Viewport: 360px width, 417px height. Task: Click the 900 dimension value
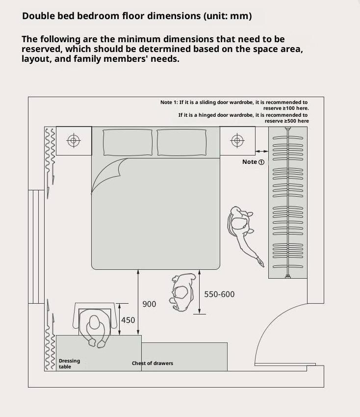pyautogui.click(x=149, y=304)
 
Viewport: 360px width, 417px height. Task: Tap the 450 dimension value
pyautogui.click(x=128, y=320)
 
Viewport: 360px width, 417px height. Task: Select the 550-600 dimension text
pyautogui.click(x=219, y=294)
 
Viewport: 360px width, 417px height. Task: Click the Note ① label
pyautogui.click(x=253, y=162)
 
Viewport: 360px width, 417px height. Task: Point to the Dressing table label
pyautogui.click(x=69, y=364)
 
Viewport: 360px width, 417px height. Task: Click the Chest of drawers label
pyautogui.click(x=152, y=364)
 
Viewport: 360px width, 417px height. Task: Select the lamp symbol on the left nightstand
pyautogui.click(x=74, y=141)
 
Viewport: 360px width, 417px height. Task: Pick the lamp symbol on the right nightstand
pyautogui.click(x=237, y=141)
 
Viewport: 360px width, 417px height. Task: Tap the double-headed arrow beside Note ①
pyautogui.click(x=262, y=151)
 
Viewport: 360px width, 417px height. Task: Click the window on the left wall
pyautogui.click(x=36, y=247)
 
